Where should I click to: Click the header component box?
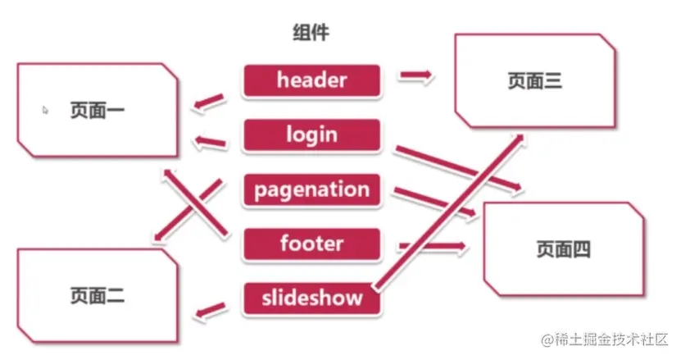[x=311, y=80]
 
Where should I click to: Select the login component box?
[x=311, y=134]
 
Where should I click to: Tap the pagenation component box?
[x=311, y=190]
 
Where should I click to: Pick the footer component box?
[x=311, y=244]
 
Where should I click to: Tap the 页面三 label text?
[x=534, y=80]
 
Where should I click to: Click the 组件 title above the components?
[x=311, y=34]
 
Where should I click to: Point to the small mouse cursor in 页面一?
[x=46, y=108]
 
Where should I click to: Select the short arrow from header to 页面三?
[x=416, y=76]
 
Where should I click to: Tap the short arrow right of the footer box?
[x=433, y=245]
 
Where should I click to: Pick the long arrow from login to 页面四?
[x=459, y=170]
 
